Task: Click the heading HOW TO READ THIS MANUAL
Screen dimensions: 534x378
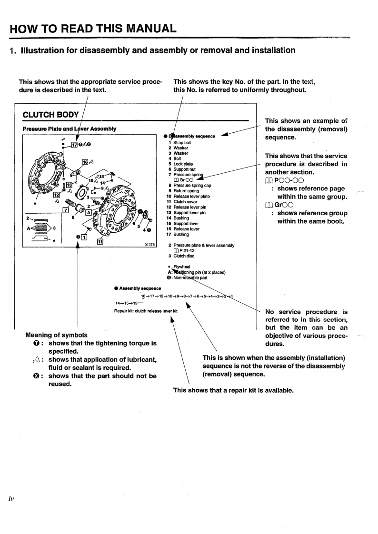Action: (93, 29)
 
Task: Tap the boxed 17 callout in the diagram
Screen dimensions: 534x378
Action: (74, 145)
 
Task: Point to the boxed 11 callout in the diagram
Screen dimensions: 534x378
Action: (100, 242)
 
